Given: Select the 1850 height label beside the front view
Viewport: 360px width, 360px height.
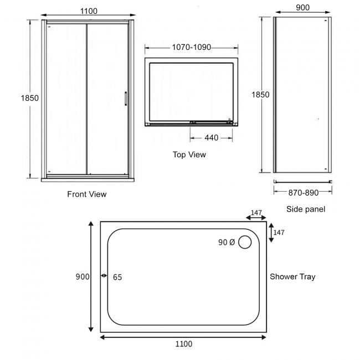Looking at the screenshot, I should (x=30, y=98).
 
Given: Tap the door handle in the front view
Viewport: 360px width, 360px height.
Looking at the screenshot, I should (x=126, y=97).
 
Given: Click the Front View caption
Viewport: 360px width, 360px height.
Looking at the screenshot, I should (x=87, y=194).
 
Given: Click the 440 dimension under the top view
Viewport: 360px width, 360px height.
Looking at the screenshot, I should (x=211, y=138).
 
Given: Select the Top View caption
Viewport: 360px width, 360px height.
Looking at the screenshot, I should (x=189, y=155).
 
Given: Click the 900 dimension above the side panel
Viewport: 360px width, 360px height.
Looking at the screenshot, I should (x=302, y=8).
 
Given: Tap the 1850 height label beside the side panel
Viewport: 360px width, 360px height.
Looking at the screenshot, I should (x=260, y=95).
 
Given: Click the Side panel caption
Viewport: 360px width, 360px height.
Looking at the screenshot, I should (x=306, y=209).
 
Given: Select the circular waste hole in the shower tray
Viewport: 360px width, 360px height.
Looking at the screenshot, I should (x=245, y=242).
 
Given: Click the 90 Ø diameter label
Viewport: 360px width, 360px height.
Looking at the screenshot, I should (x=227, y=242).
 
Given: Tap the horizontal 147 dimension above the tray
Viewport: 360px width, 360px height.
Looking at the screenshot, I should (x=255, y=213).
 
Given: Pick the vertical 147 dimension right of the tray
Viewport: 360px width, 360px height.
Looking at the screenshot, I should (x=279, y=233).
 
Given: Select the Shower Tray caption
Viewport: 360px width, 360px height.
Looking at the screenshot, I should (x=292, y=276).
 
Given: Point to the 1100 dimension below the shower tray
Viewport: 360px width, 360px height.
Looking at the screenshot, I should (x=183, y=344).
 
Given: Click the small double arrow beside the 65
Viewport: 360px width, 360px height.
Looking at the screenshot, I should (x=104, y=276).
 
